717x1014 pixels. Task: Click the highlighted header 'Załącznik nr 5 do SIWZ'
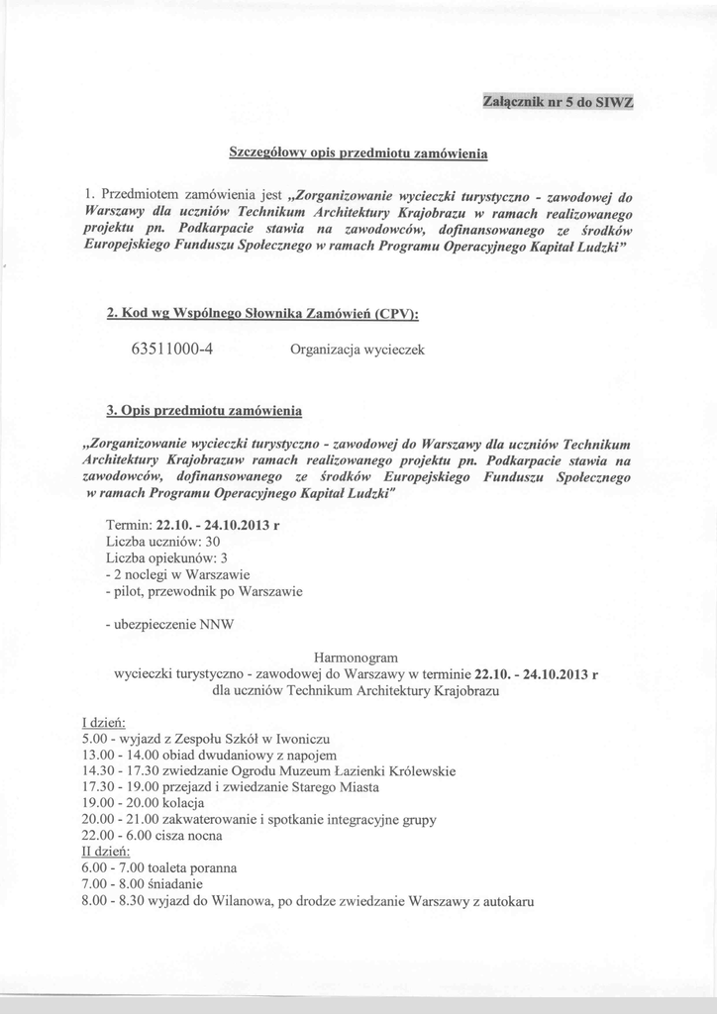point(557,102)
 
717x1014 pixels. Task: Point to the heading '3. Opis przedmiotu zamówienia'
point(203,410)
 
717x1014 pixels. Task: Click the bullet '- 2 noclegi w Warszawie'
point(177,574)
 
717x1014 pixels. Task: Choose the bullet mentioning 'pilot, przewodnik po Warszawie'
point(203,591)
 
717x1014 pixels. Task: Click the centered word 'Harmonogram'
point(356,657)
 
